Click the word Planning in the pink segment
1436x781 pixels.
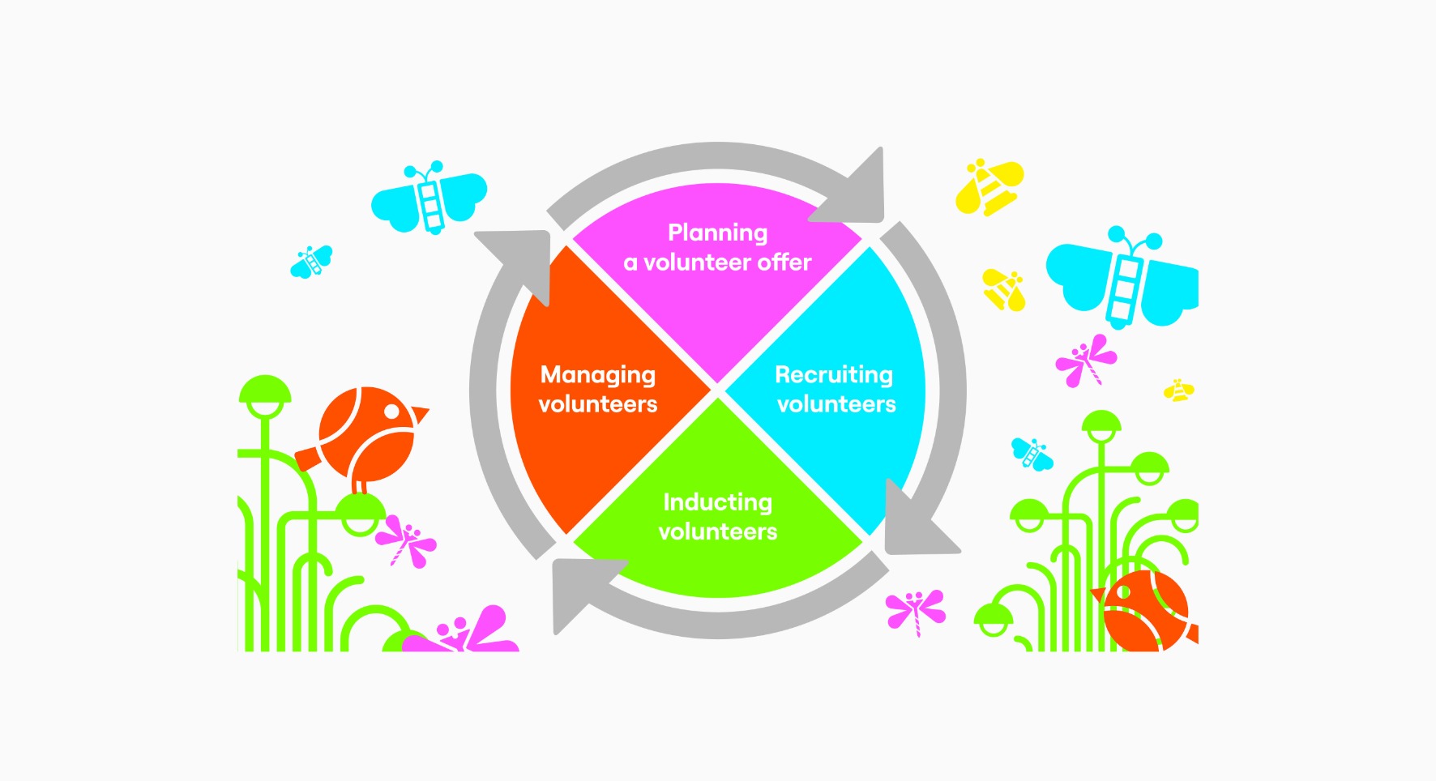717,233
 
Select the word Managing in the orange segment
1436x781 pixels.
598,375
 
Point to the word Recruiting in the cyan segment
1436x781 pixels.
834,375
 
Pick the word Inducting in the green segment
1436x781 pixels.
717,502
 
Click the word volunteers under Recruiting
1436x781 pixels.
836,404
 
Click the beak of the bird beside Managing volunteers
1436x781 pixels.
420,415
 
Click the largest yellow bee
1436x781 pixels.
989,187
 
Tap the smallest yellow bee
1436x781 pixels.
1179,390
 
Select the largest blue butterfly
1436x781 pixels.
1122,276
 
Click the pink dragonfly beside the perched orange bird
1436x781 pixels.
408,540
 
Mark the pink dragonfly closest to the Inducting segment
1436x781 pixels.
916,610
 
